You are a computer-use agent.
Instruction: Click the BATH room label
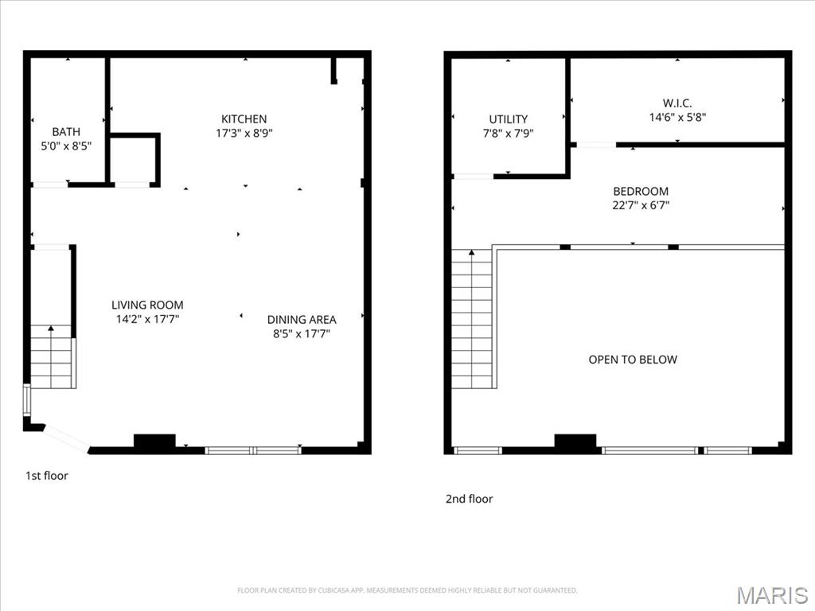coord(66,132)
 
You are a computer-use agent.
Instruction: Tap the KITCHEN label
coord(244,119)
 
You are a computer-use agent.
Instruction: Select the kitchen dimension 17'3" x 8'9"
coord(244,134)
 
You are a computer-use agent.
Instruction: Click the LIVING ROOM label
coord(147,305)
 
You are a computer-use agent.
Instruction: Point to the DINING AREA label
coord(302,320)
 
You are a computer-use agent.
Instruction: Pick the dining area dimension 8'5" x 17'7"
coord(302,333)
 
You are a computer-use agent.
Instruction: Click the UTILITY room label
coord(508,119)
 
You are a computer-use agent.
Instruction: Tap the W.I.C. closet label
coord(677,103)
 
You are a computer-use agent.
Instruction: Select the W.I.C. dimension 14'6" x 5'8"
coord(677,117)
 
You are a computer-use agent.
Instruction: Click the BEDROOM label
coord(641,191)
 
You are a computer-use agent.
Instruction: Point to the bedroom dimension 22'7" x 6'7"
coord(641,205)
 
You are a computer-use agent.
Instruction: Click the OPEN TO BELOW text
coord(633,360)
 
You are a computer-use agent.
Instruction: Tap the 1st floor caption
coord(47,476)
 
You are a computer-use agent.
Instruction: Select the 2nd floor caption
coord(469,499)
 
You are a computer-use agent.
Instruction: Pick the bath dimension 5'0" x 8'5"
coord(66,146)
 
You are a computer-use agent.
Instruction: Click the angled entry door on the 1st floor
coord(67,438)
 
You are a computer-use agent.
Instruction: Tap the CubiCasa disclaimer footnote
coord(407,590)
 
